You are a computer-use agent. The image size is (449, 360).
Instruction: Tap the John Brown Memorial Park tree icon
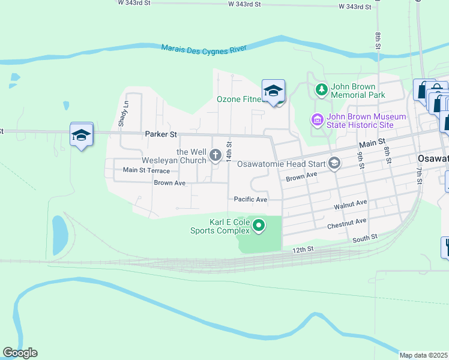322,90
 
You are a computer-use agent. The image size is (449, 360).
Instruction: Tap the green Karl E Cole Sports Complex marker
259,226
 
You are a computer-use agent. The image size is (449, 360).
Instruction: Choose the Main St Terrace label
146,170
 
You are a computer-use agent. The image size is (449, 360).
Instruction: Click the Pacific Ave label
250,199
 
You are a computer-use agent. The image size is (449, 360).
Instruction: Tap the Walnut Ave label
350,203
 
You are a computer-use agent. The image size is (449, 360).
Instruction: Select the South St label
365,238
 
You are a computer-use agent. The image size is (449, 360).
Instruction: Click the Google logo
20,353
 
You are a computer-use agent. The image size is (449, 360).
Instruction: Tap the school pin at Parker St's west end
81,135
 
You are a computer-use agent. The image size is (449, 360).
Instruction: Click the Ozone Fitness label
241,99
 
